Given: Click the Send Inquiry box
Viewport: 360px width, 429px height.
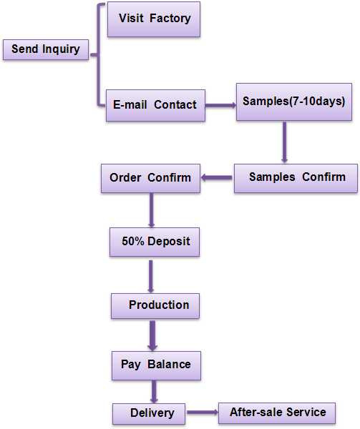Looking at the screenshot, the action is click(x=46, y=49).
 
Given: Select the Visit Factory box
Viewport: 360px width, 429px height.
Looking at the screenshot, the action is click(x=154, y=19).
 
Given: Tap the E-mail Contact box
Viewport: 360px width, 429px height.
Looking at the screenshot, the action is click(x=155, y=105).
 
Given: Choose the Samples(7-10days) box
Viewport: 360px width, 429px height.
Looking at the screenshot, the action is click(x=294, y=102).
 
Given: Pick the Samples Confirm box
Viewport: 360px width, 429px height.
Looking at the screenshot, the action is click(x=296, y=178).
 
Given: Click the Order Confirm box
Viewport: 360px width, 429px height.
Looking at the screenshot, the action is click(x=150, y=178).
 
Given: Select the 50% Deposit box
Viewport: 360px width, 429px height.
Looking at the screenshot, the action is click(x=155, y=242).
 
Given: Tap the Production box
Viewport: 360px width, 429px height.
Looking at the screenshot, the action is click(x=155, y=306).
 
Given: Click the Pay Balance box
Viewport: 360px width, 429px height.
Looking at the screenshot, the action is click(x=156, y=365).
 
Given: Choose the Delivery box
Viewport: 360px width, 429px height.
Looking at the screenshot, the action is click(x=149, y=414).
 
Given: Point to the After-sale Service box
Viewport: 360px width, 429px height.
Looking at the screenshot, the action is click(x=277, y=413).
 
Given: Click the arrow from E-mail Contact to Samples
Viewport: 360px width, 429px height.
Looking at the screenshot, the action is click(x=220, y=105).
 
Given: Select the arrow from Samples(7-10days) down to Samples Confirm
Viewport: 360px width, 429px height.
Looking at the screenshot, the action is click(x=284, y=142).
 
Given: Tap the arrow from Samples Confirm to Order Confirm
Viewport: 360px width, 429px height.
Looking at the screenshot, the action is click(x=217, y=178).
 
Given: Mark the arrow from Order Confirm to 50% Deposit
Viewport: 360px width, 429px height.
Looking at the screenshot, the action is click(x=152, y=210).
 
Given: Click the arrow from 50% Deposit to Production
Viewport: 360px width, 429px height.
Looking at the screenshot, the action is click(x=151, y=276).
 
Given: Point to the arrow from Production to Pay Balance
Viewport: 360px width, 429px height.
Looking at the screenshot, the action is click(x=152, y=336).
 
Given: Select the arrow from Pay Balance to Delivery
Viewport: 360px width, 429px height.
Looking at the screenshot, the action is click(x=154, y=392).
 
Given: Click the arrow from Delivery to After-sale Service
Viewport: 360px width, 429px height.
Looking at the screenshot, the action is click(x=203, y=413).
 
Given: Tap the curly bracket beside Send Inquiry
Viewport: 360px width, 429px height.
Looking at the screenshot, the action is click(x=98, y=55).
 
